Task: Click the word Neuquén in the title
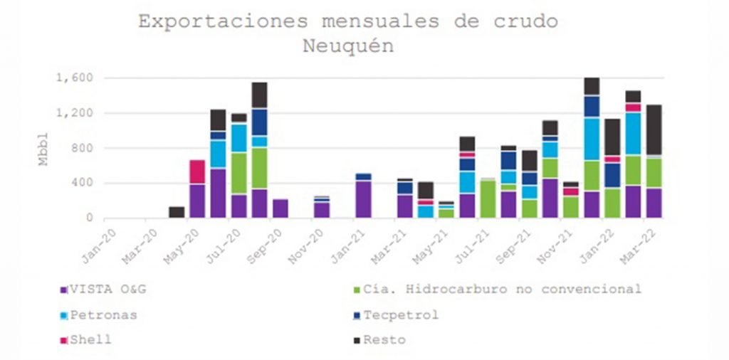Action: coord(348,46)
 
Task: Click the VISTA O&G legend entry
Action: coord(106,290)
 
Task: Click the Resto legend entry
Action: coord(384,340)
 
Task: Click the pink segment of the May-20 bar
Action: coord(197,171)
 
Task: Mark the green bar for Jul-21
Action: coord(488,198)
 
